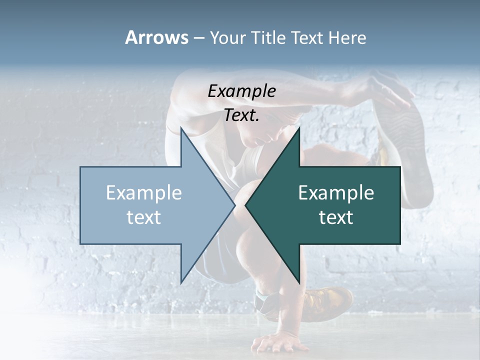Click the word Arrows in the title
tap(156, 37)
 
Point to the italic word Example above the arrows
tap(241, 91)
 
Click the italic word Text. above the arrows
tap(241, 115)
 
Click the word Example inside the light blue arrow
tap(144, 193)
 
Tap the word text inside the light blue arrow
tap(144, 217)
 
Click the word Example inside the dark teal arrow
tap(336, 193)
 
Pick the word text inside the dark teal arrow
tap(336, 217)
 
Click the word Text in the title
tap(308, 37)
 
